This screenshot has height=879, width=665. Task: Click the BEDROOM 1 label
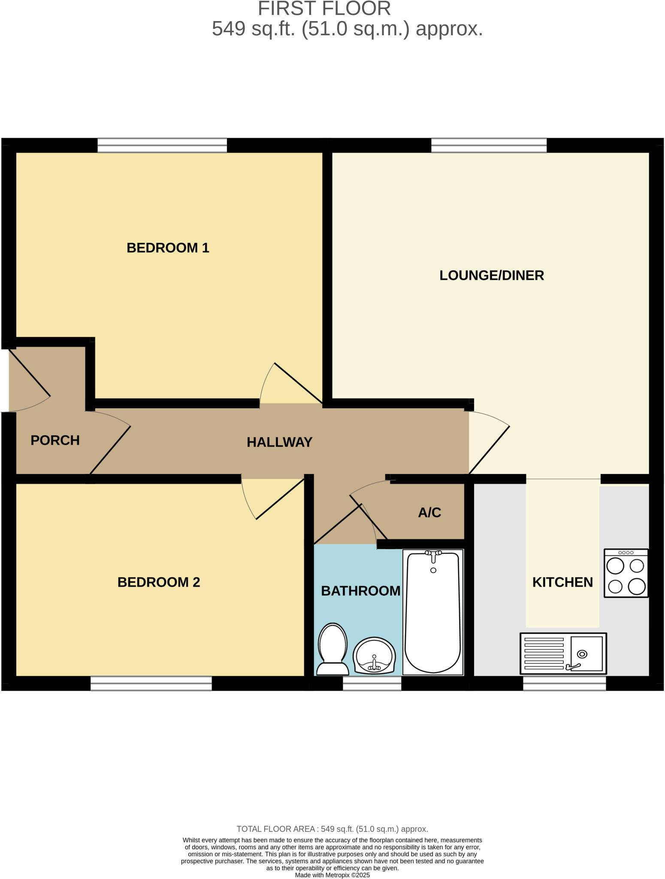(168, 248)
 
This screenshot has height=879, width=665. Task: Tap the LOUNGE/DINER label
(491, 275)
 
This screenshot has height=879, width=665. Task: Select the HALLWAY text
(279, 442)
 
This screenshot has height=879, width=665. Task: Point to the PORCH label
(55, 440)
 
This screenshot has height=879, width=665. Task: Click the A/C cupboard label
(429, 512)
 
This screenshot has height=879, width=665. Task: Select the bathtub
(433, 612)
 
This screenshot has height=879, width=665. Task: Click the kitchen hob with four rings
(626, 573)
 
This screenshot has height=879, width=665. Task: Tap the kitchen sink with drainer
(563, 654)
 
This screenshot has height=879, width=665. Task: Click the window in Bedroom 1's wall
(162, 145)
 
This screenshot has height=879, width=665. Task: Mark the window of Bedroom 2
(151, 683)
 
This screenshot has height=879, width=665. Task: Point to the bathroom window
(372, 683)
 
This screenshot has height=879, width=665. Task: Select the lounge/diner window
(489, 145)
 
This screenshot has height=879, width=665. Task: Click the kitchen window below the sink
(564, 683)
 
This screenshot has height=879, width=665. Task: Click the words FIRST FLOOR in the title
(324, 9)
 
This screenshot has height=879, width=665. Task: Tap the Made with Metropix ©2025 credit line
(332, 875)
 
